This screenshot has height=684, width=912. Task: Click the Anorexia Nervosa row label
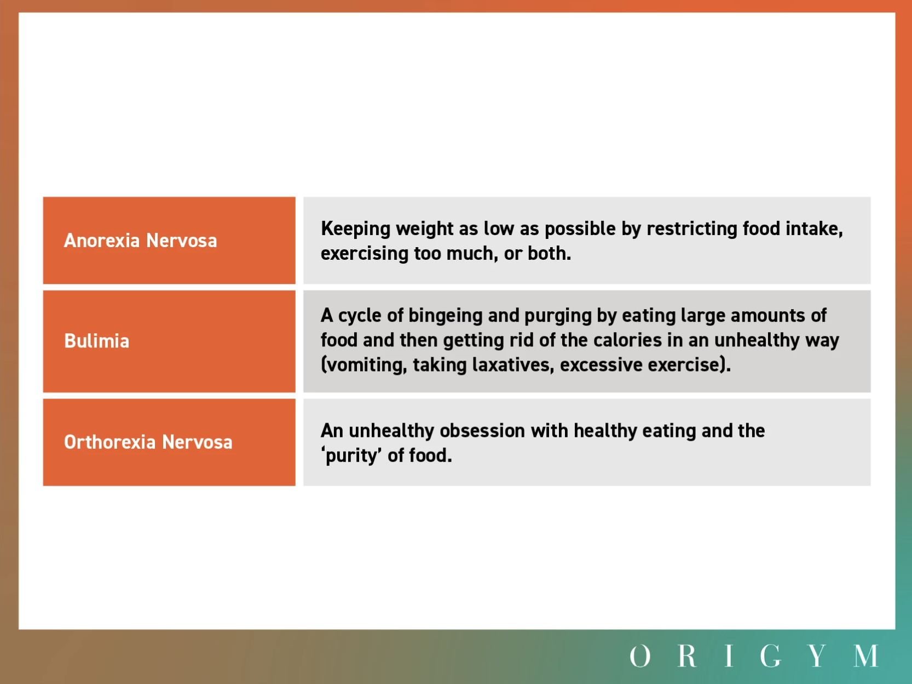(x=140, y=241)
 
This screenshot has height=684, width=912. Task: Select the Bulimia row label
(x=97, y=341)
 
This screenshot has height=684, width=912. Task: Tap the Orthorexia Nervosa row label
(x=148, y=442)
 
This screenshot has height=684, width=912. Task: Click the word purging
(x=558, y=316)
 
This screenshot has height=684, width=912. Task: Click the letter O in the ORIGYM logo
(x=640, y=656)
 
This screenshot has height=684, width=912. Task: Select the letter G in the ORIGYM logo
(x=770, y=656)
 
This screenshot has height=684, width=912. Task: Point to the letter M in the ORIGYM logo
(x=865, y=656)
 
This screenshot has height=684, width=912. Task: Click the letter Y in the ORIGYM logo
(x=817, y=656)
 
